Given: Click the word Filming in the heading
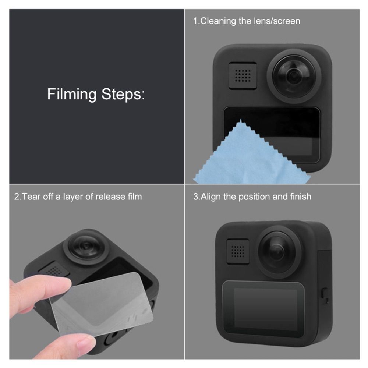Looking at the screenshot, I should coord(71,95).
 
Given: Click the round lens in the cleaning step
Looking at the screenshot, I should coord(294,75).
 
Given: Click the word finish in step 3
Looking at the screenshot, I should coord(300,197).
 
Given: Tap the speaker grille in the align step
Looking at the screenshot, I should coord(238,252).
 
